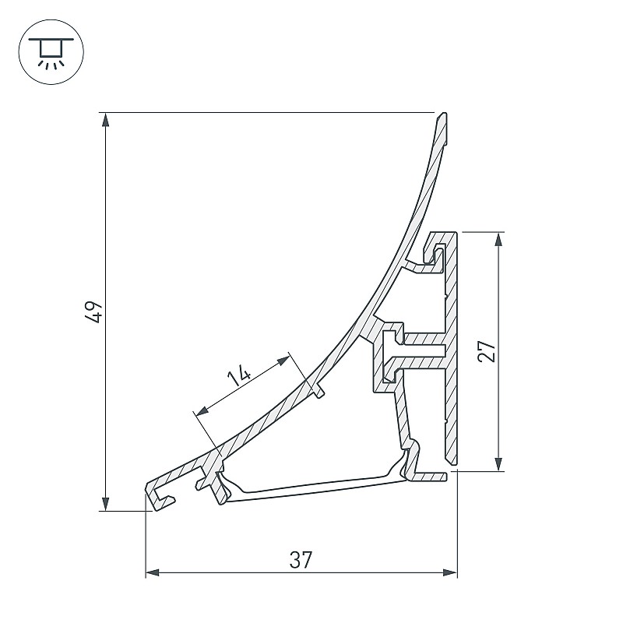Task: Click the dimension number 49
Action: (x=93, y=312)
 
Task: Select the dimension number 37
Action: (x=301, y=560)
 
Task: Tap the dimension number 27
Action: (x=487, y=350)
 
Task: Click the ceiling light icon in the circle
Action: (x=51, y=53)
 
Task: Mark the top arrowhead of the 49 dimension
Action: (x=105, y=120)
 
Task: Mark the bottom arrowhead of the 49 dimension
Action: (x=105, y=504)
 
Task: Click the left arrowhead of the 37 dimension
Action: (x=153, y=573)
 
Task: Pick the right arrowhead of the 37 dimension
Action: (x=450, y=573)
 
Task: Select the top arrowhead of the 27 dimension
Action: (x=499, y=239)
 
